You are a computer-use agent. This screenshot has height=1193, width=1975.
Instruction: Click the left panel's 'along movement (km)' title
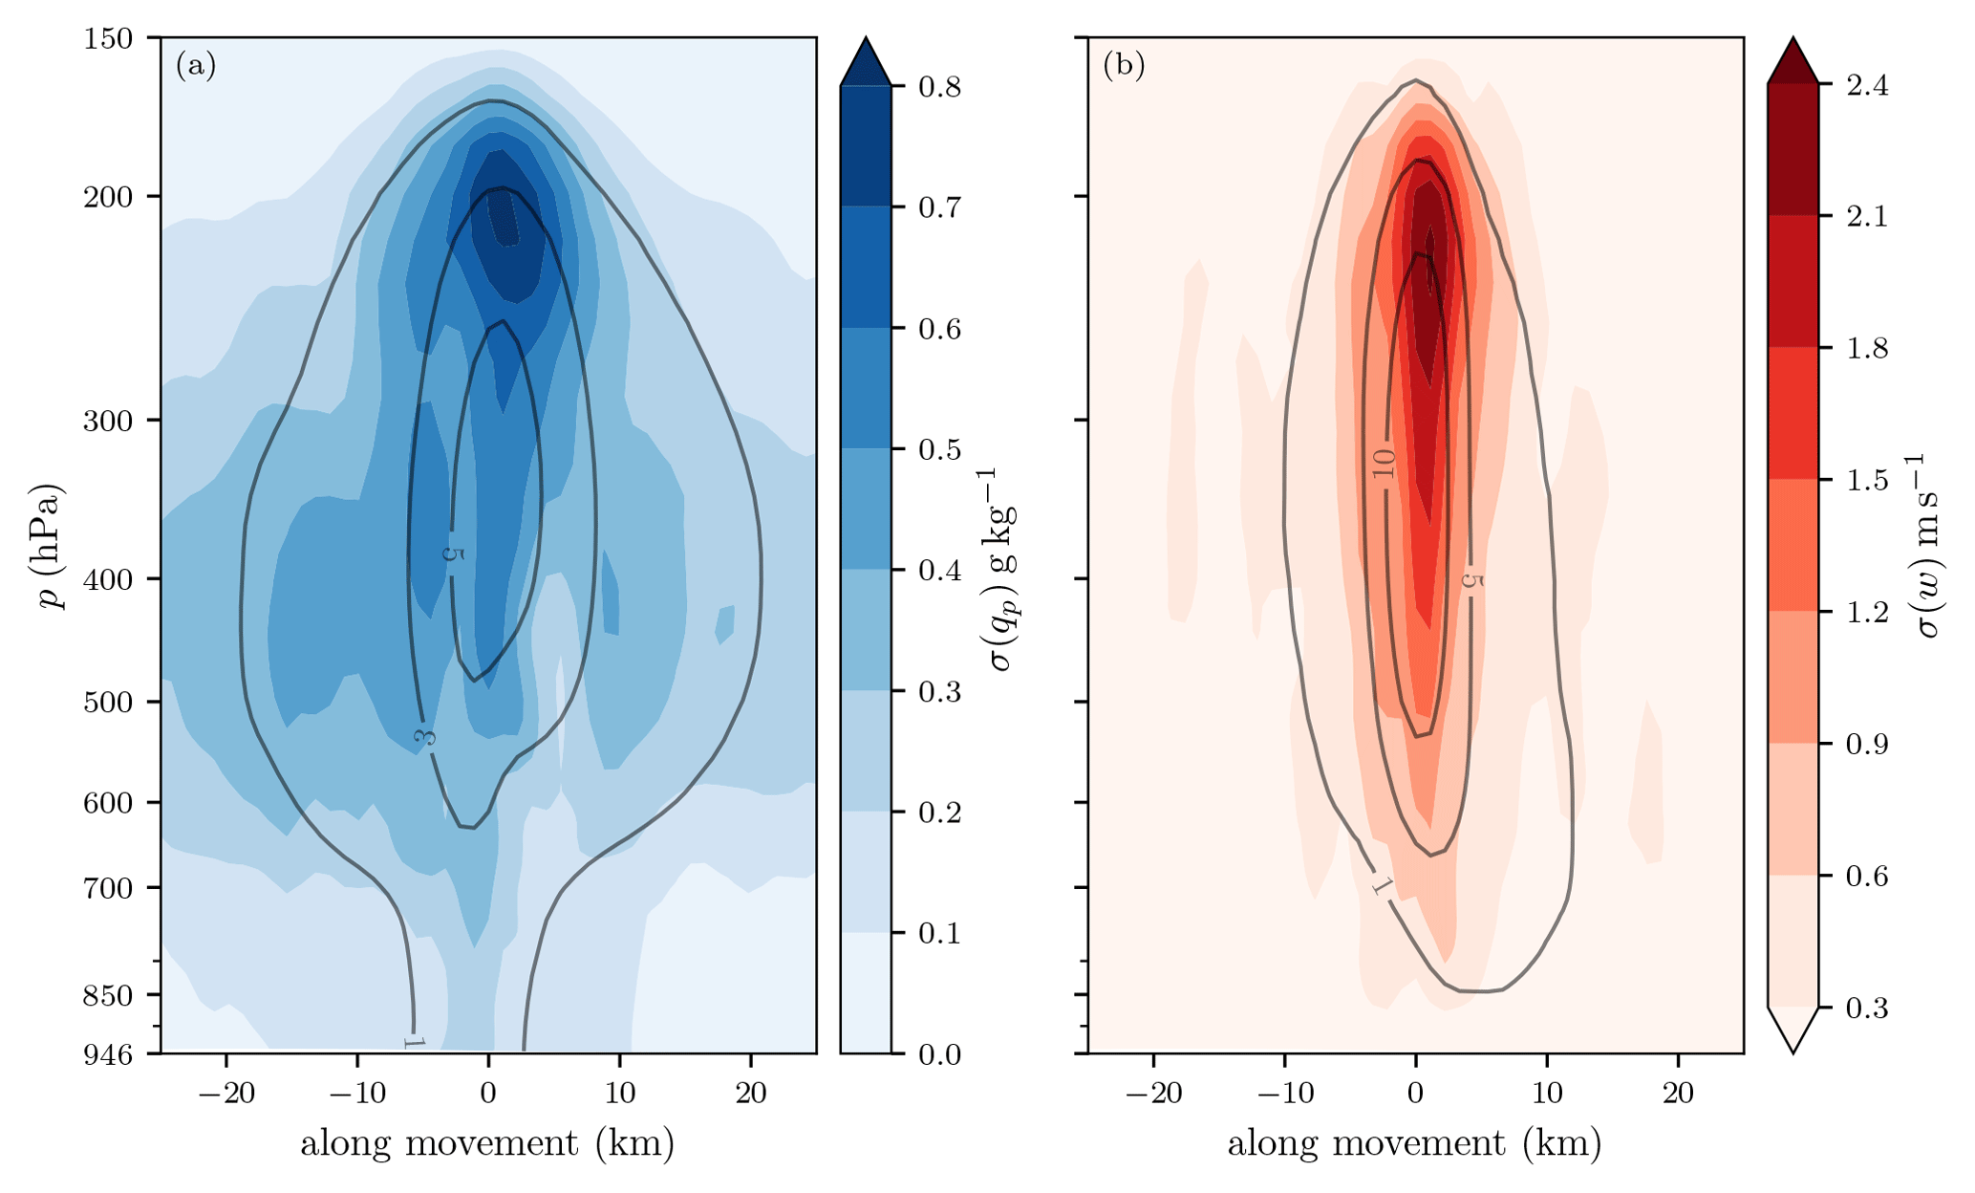(487, 1144)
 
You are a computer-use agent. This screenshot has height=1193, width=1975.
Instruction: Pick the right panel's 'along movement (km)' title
(1414, 1144)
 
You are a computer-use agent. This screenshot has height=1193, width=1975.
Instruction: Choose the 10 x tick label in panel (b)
(1547, 1093)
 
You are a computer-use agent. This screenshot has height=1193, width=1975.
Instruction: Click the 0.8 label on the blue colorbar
(938, 87)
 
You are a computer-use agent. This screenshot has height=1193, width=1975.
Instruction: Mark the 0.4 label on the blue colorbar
(938, 571)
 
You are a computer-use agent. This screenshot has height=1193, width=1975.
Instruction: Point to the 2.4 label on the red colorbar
(1867, 85)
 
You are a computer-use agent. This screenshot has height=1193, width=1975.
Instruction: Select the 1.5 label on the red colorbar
(1867, 480)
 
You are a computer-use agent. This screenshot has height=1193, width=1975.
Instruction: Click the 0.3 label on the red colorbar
(1867, 1009)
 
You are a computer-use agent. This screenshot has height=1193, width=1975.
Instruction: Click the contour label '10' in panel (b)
(1384, 465)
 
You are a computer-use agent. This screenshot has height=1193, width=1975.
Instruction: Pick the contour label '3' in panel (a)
(425, 737)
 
